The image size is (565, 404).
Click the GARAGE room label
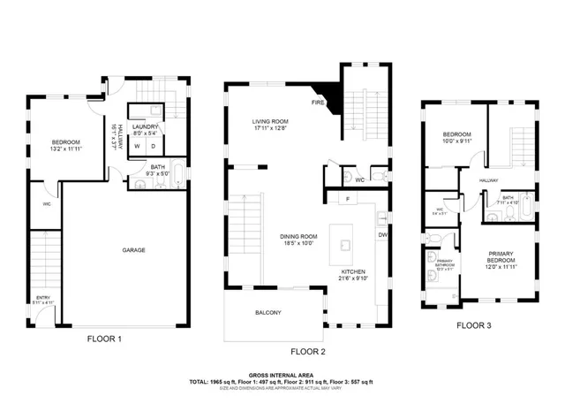tap(134, 250)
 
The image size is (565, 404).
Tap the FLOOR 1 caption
tap(104, 339)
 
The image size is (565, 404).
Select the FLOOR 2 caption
tap(308, 351)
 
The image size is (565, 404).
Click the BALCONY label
tap(267, 313)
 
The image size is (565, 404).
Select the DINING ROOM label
tap(298, 237)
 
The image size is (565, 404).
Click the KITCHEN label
tap(354, 273)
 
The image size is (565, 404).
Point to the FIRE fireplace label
tap(316, 102)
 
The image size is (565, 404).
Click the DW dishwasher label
tap(382, 235)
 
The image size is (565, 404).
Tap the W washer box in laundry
tap(138, 146)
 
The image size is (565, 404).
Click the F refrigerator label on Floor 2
tap(348, 199)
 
